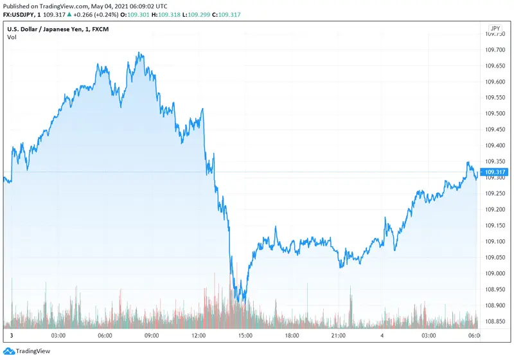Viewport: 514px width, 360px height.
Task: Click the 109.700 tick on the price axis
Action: point(495,50)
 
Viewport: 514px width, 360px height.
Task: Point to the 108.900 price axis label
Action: point(495,305)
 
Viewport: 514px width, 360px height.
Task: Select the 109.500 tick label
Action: point(495,114)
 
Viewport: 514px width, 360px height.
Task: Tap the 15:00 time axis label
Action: point(245,336)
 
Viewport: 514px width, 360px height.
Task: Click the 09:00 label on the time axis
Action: point(152,336)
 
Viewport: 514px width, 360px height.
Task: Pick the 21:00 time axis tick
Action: point(339,336)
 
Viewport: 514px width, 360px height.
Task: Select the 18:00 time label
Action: point(292,336)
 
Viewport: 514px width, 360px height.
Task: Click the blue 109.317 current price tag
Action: point(495,172)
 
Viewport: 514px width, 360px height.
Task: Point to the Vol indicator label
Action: point(12,37)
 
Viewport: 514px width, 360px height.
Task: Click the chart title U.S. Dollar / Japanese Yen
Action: point(48,29)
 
